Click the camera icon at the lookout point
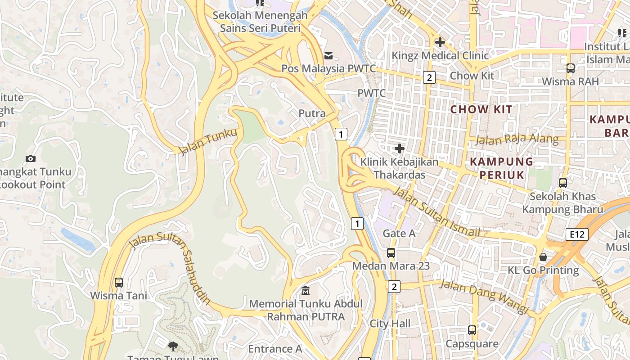point(31,158)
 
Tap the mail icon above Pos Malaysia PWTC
point(328,56)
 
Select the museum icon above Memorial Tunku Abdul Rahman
point(306,290)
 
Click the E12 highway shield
point(577,234)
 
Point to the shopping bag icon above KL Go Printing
point(543,257)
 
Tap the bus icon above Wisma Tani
point(119,283)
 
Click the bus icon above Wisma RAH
point(571,68)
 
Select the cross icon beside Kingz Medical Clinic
point(440,43)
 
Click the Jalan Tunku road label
point(207,141)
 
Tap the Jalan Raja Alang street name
point(517,139)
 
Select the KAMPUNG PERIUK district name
point(502,168)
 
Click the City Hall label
point(390,324)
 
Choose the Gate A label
point(399,233)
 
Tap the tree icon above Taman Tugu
point(173,346)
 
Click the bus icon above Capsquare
point(472,330)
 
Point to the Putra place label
point(312,113)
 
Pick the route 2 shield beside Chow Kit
point(429,77)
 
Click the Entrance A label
point(275,349)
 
